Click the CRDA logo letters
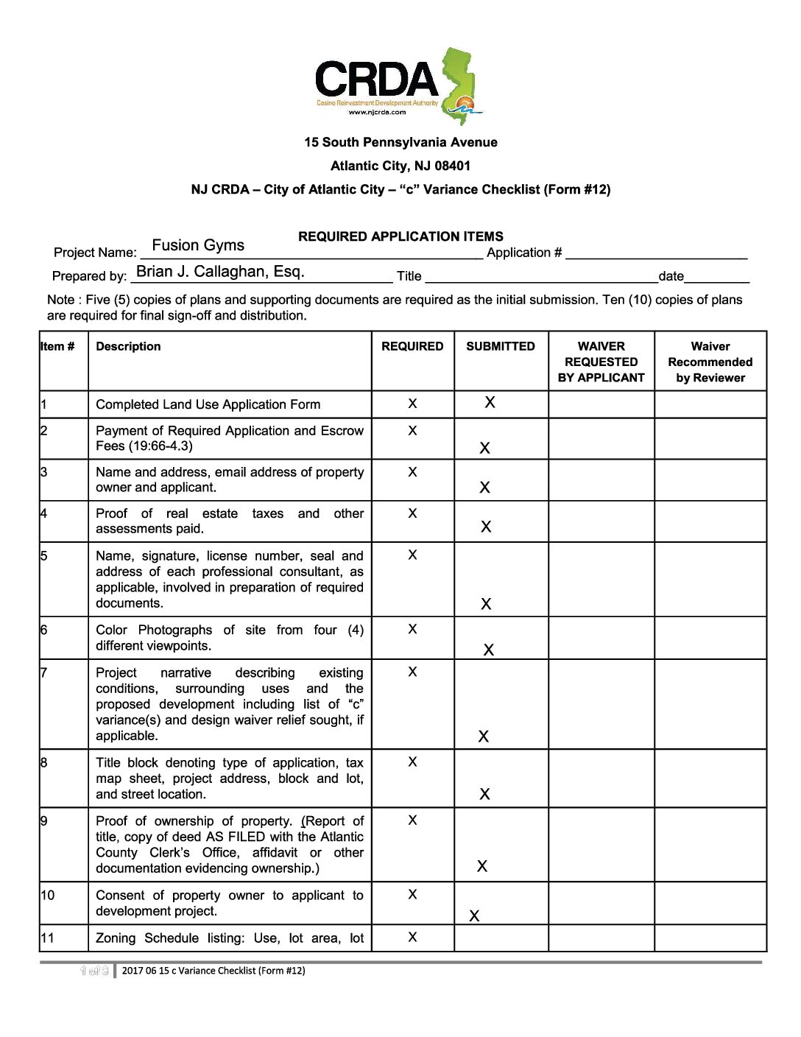pyautogui.click(x=375, y=80)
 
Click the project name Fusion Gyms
pyautogui.click(x=198, y=245)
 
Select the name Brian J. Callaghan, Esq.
pyautogui.click(x=220, y=272)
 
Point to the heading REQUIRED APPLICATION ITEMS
pyautogui.click(x=400, y=236)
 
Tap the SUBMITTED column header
pyautogui.click(x=501, y=346)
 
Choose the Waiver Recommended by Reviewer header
pyautogui.click(x=710, y=362)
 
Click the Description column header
pyautogui.click(x=128, y=346)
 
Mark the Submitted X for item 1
pyautogui.click(x=490, y=402)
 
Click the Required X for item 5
pyautogui.click(x=412, y=555)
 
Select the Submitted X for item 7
pyautogui.click(x=484, y=737)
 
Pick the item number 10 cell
pyautogui.click(x=48, y=896)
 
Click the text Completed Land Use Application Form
pyautogui.click(x=208, y=404)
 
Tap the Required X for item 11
pyautogui.click(x=412, y=937)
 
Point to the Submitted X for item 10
pyautogui.click(x=474, y=916)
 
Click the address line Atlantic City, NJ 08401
pyautogui.click(x=400, y=166)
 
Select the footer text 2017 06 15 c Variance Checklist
pyautogui.click(x=214, y=971)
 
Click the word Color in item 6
pyautogui.click(x=111, y=630)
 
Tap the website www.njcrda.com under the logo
pyautogui.click(x=377, y=112)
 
